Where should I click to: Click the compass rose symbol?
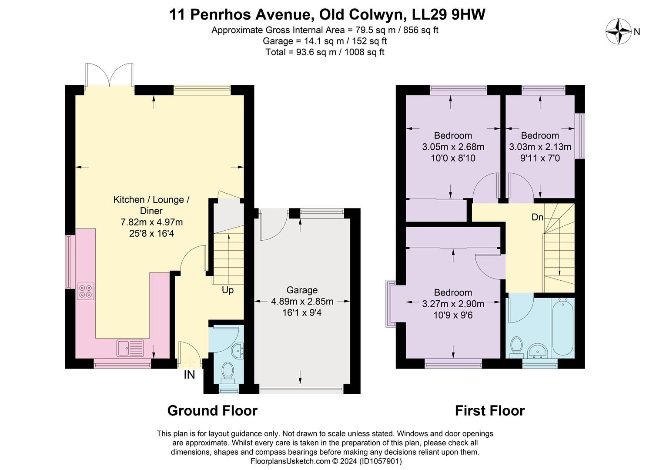click(618, 31)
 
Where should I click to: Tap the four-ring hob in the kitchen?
click(86, 291)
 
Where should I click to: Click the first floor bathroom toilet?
click(516, 347)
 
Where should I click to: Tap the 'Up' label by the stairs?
click(228, 290)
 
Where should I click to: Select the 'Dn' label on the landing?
click(537, 217)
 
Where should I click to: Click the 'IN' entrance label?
click(189, 374)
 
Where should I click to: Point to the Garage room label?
click(302, 290)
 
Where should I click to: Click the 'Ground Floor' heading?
click(212, 410)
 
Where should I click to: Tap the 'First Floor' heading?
click(490, 410)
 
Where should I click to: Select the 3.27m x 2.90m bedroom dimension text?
click(453, 304)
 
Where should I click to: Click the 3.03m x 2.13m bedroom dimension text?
click(540, 147)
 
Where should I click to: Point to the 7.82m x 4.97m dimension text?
click(152, 222)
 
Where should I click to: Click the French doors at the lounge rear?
click(109, 75)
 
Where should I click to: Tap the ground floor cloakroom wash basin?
click(238, 351)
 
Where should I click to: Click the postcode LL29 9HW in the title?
click(448, 14)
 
